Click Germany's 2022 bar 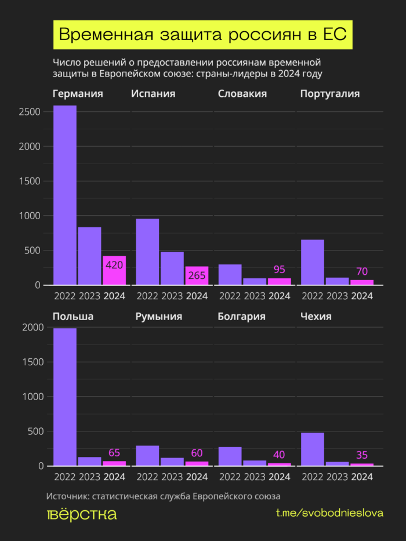[65, 195]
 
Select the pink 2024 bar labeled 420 [114, 270]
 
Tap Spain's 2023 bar [172, 268]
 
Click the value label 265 [197, 275]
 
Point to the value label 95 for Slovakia [280, 270]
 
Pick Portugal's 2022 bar [313, 262]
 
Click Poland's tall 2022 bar [65, 397]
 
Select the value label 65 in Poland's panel [114, 453]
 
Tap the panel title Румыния [158, 317]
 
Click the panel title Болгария [241, 317]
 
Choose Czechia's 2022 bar [313, 449]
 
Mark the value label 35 [362, 455]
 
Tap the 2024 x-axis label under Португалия [362, 296]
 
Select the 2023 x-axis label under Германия [89, 296]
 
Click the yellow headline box [203, 35]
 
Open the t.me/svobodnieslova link [329, 514]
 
